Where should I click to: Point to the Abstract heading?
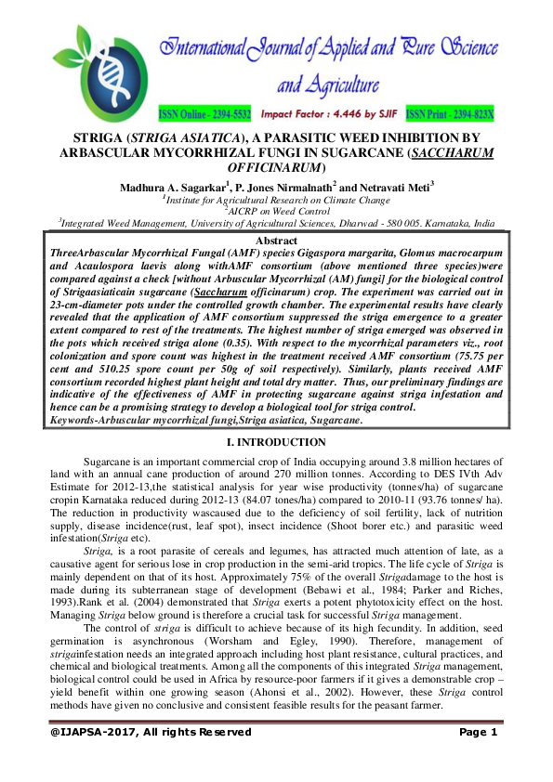click(x=276, y=241)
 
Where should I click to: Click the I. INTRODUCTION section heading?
click(x=276, y=442)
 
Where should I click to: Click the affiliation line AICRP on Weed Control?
click(x=276, y=211)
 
